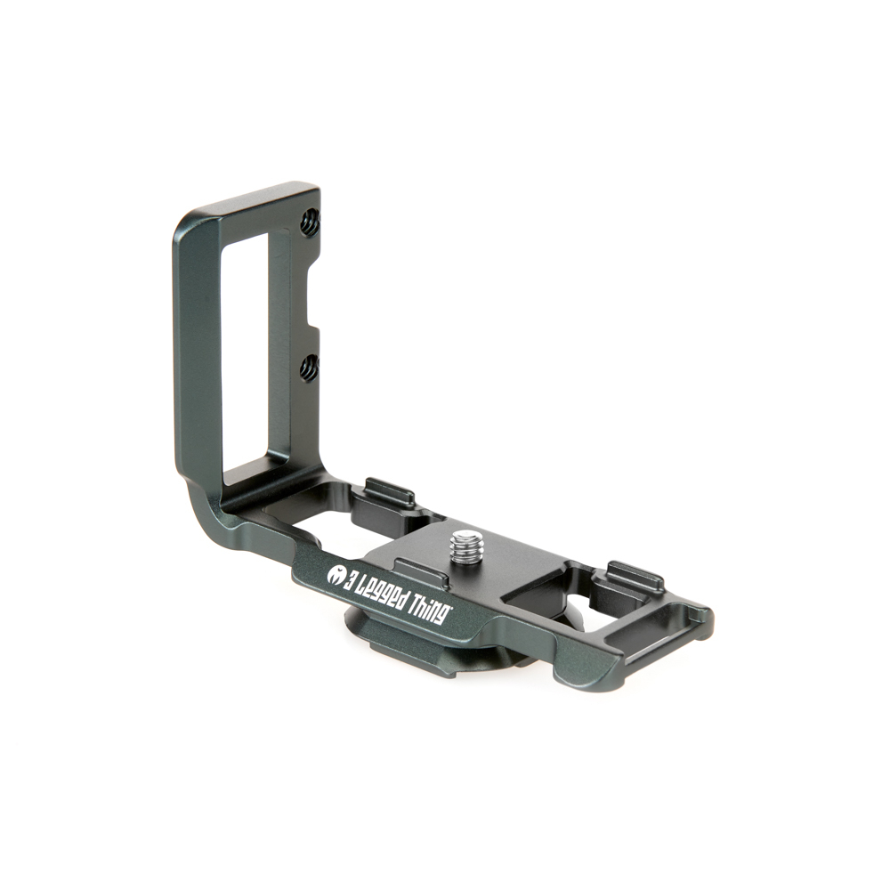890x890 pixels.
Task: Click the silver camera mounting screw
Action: tap(466, 546)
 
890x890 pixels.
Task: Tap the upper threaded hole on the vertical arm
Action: tap(309, 223)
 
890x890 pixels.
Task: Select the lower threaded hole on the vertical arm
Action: tap(309, 366)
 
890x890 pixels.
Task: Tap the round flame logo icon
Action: tap(337, 575)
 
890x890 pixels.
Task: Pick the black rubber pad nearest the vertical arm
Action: tap(389, 491)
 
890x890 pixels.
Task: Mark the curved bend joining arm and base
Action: tap(200, 507)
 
